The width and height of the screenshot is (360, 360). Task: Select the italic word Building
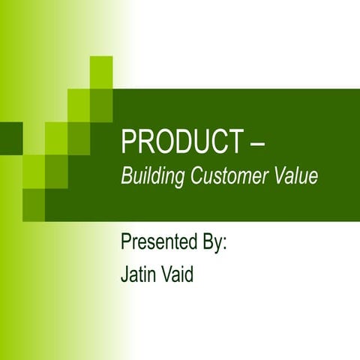(x=150, y=177)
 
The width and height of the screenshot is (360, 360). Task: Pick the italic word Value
(x=295, y=177)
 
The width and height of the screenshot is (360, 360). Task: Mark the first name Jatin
(x=139, y=274)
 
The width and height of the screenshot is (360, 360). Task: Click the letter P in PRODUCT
(x=127, y=142)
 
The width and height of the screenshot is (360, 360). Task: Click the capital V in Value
(x=279, y=177)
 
